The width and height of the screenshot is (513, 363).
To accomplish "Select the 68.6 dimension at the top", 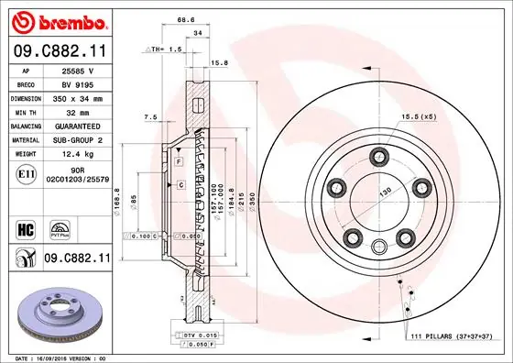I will [188, 19].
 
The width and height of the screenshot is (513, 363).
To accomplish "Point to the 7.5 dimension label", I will [149, 116].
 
